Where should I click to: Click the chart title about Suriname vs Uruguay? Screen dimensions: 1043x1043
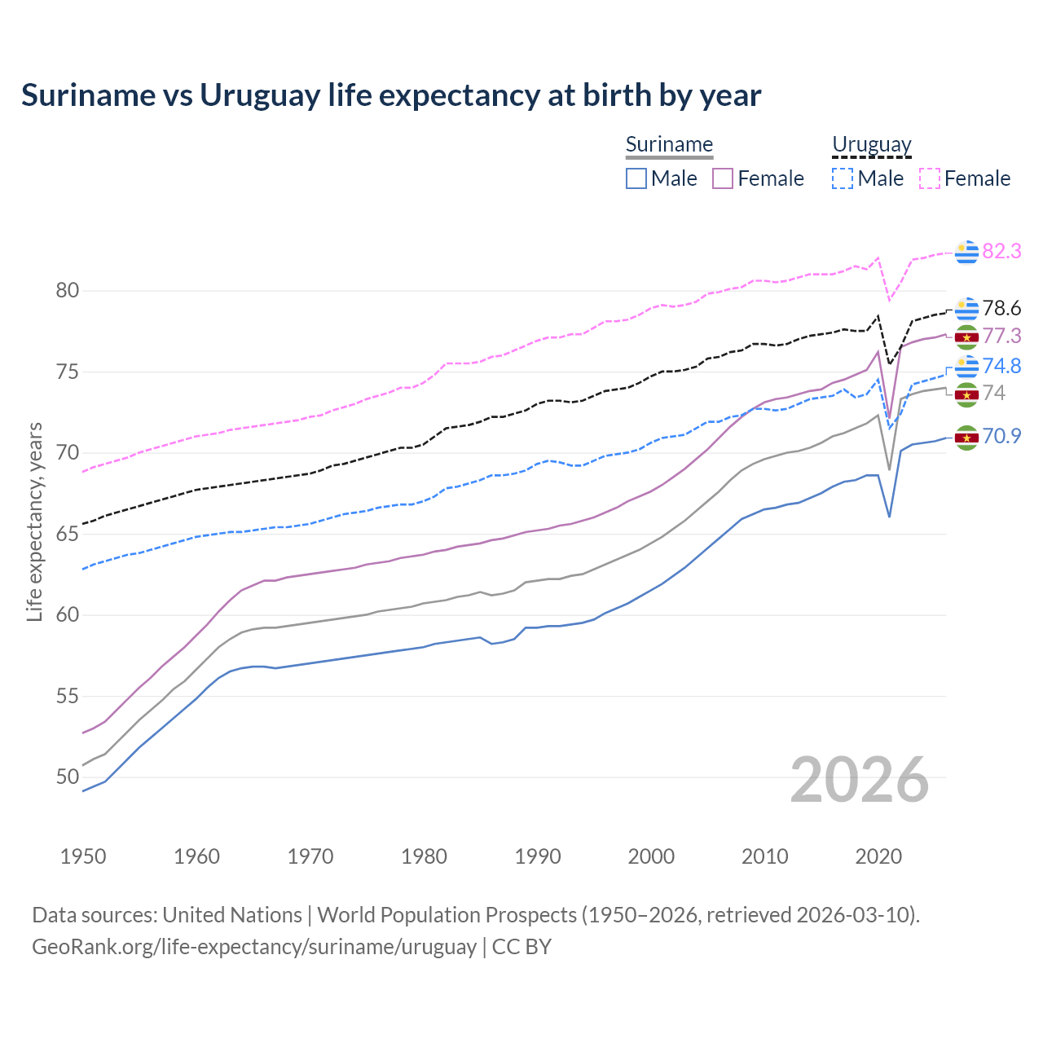pos(391,95)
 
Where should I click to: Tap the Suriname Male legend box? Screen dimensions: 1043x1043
pos(636,178)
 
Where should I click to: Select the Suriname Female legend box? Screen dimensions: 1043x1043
pos(723,178)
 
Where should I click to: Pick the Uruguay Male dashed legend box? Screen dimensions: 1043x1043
pos(843,178)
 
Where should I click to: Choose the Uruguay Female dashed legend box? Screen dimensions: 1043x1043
pos(929,178)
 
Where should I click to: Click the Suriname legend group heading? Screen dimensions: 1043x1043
pos(669,145)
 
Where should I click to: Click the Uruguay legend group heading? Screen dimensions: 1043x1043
pos(871,145)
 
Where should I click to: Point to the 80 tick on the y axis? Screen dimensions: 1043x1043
pos(68,291)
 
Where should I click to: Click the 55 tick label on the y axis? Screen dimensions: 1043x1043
pos(68,697)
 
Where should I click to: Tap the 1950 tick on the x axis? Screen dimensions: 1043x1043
pos(83,856)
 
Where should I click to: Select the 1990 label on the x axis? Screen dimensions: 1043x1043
pos(538,856)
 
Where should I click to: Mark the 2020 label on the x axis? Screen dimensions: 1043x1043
pos(878,856)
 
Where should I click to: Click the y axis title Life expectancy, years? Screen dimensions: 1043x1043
pos(35,521)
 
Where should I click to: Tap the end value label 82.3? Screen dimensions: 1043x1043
pos(1001,252)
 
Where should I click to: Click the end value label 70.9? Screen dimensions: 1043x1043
pos(1001,437)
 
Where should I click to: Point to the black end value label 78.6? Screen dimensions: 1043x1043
pos(1001,309)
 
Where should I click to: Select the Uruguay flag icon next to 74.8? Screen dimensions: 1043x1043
pos(966,367)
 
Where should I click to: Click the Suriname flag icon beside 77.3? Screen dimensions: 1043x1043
pos(966,337)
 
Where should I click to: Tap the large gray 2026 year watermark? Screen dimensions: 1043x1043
pos(860,780)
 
